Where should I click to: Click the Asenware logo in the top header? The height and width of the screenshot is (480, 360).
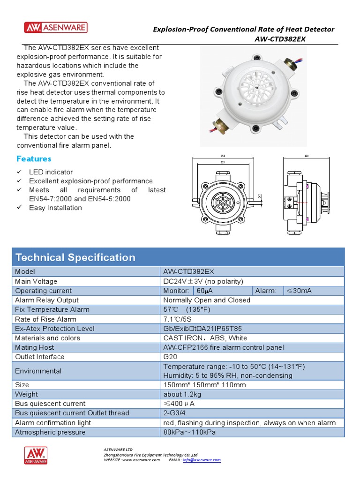coord(56,28)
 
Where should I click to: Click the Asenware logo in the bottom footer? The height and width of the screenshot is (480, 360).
coord(36,455)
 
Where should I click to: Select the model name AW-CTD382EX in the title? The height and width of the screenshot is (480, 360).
coord(280,39)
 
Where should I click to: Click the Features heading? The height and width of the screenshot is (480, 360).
coord(34,158)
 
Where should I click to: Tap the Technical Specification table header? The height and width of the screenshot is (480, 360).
coord(75,257)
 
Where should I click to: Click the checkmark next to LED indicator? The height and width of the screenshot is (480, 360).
coord(19,172)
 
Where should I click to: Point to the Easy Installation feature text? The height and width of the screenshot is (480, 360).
coord(55,208)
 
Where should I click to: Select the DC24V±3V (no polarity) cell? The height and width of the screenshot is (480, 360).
coord(203,281)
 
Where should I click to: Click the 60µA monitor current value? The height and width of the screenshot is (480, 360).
coord(204,291)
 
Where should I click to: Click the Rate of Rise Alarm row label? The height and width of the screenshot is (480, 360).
coord(45,319)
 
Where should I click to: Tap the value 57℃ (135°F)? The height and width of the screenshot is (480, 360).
coord(187,309)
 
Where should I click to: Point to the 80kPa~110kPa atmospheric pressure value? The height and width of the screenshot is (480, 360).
coord(189,432)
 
